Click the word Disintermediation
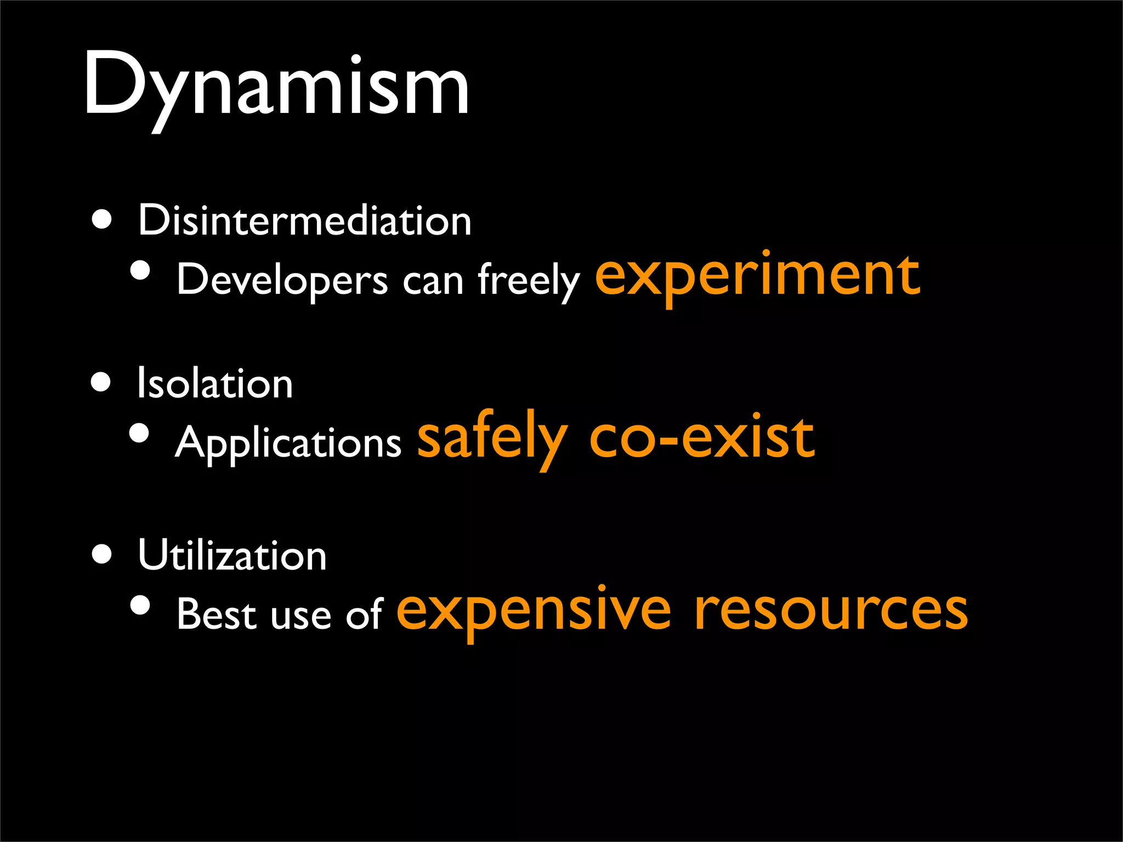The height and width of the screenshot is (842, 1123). [304, 220]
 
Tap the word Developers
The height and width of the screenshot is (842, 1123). [282, 280]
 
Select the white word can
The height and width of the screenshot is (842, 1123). [433, 281]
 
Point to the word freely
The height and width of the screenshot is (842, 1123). [528, 280]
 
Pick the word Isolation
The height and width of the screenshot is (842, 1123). [214, 383]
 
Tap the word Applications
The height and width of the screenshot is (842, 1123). [288, 443]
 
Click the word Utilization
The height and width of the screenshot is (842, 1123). [232, 555]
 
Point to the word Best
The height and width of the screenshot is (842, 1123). [217, 614]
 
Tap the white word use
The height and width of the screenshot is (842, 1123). [301, 616]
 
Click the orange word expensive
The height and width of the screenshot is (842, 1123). [533, 611]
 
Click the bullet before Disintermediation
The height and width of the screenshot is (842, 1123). [102, 220]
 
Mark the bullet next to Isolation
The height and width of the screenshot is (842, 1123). [101, 382]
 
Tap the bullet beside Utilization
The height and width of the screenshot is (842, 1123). [102, 554]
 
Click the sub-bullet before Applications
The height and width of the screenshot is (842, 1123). [140, 433]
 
